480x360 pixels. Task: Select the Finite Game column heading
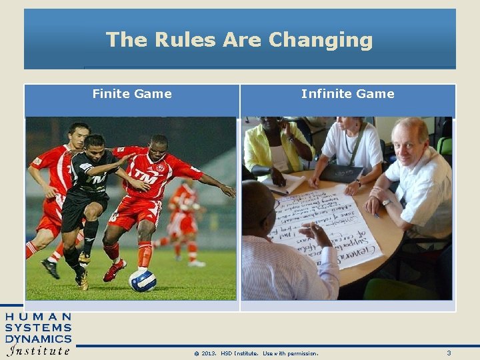point(132,94)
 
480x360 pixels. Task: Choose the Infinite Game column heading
point(347,94)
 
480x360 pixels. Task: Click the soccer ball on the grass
point(143,280)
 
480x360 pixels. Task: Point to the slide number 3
point(449,353)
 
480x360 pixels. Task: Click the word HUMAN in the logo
point(38,317)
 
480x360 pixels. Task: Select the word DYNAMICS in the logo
point(38,339)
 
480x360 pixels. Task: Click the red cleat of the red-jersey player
point(115,271)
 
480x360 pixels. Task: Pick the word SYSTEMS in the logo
point(38,327)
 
